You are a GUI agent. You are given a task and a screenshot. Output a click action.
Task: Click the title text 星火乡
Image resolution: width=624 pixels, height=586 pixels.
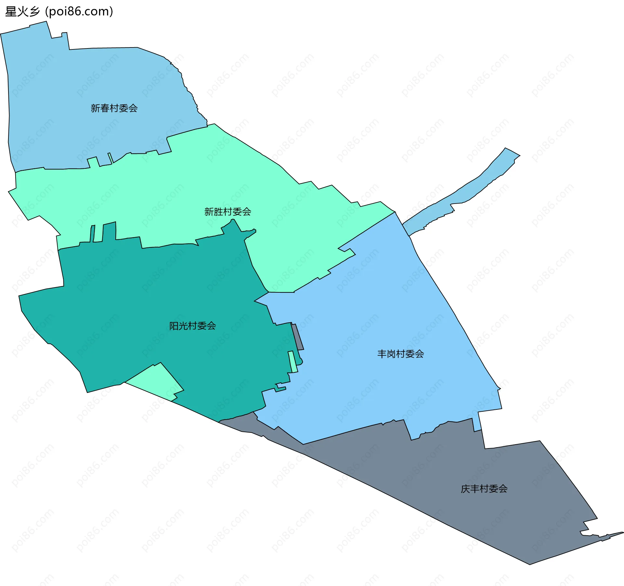(22, 12)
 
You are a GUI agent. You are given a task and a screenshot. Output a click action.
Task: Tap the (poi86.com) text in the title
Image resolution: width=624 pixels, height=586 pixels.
(79, 12)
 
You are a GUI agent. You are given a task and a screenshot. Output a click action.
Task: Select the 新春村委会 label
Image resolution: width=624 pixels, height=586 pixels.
(114, 108)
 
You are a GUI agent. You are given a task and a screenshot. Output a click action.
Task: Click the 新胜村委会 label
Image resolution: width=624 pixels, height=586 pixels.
(227, 212)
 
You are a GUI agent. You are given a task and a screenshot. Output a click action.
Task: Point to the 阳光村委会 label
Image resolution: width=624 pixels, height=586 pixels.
(192, 326)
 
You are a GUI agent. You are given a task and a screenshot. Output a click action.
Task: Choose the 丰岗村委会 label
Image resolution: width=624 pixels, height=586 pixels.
(400, 354)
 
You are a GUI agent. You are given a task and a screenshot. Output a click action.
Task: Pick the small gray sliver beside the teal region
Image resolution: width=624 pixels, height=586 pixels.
(297, 337)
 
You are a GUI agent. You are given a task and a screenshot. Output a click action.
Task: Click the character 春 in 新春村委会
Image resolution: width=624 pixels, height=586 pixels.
(105, 108)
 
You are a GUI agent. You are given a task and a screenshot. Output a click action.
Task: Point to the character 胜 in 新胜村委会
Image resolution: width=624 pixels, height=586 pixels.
(218, 212)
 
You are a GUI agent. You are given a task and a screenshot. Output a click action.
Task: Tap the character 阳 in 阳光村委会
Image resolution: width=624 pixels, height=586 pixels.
(174, 326)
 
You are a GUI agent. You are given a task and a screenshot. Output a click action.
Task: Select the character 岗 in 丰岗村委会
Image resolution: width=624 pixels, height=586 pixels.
(391, 354)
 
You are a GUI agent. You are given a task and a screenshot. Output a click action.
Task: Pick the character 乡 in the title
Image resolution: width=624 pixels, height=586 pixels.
(34, 12)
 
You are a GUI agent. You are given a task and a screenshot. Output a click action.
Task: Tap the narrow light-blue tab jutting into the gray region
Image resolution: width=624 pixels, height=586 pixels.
(477, 423)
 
